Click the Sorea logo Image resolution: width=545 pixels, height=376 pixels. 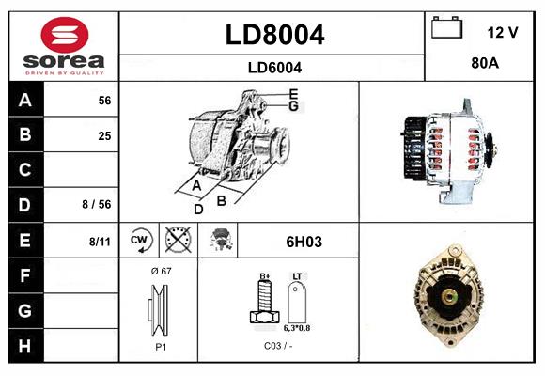pos(64,45)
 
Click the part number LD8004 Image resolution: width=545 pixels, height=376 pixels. pos(274,36)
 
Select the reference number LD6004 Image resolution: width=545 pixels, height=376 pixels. pos(274,67)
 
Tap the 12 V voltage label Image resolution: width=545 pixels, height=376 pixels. pos(503,32)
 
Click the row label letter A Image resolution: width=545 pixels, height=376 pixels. pos(25,101)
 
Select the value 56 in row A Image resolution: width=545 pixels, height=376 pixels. pos(104,101)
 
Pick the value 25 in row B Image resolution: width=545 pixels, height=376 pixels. pos(104,135)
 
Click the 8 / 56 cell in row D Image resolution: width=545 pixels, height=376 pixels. pos(98,203)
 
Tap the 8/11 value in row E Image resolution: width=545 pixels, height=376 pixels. pos(100,242)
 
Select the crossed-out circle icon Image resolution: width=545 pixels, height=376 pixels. pos(177,241)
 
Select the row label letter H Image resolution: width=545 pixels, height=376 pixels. pos(25,345)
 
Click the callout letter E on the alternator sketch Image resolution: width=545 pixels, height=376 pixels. pos(293,93)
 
